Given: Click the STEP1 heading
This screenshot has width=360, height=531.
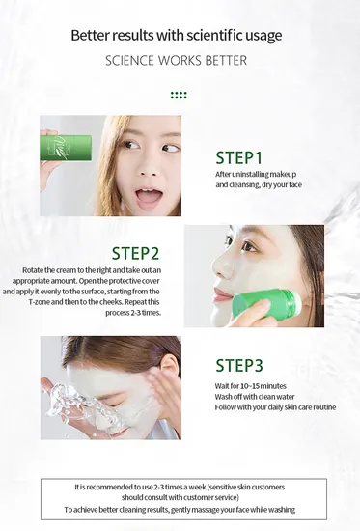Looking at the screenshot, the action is tap(238, 157).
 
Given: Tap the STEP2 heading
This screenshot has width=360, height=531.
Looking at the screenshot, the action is tap(135, 253).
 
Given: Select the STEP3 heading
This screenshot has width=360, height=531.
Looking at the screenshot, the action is tap(239, 365).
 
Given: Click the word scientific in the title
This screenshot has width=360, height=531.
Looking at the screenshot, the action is tap(211, 35).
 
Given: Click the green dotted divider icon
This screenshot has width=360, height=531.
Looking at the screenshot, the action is tap(179, 96).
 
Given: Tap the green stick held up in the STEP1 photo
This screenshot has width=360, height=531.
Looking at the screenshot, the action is tap(66, 148).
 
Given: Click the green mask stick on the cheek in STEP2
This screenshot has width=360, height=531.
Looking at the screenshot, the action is tap(267, 303).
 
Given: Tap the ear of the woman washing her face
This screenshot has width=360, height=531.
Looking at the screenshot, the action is tap(169, 368).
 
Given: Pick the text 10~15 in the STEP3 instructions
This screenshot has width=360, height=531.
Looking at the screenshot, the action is tap(250, 386).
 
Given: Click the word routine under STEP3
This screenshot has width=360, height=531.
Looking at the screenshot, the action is tap(324, 407).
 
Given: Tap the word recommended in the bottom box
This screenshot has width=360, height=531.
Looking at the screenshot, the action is tap(108, 487).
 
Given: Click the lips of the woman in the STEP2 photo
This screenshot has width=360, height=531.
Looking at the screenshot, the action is tap(218, 294).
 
